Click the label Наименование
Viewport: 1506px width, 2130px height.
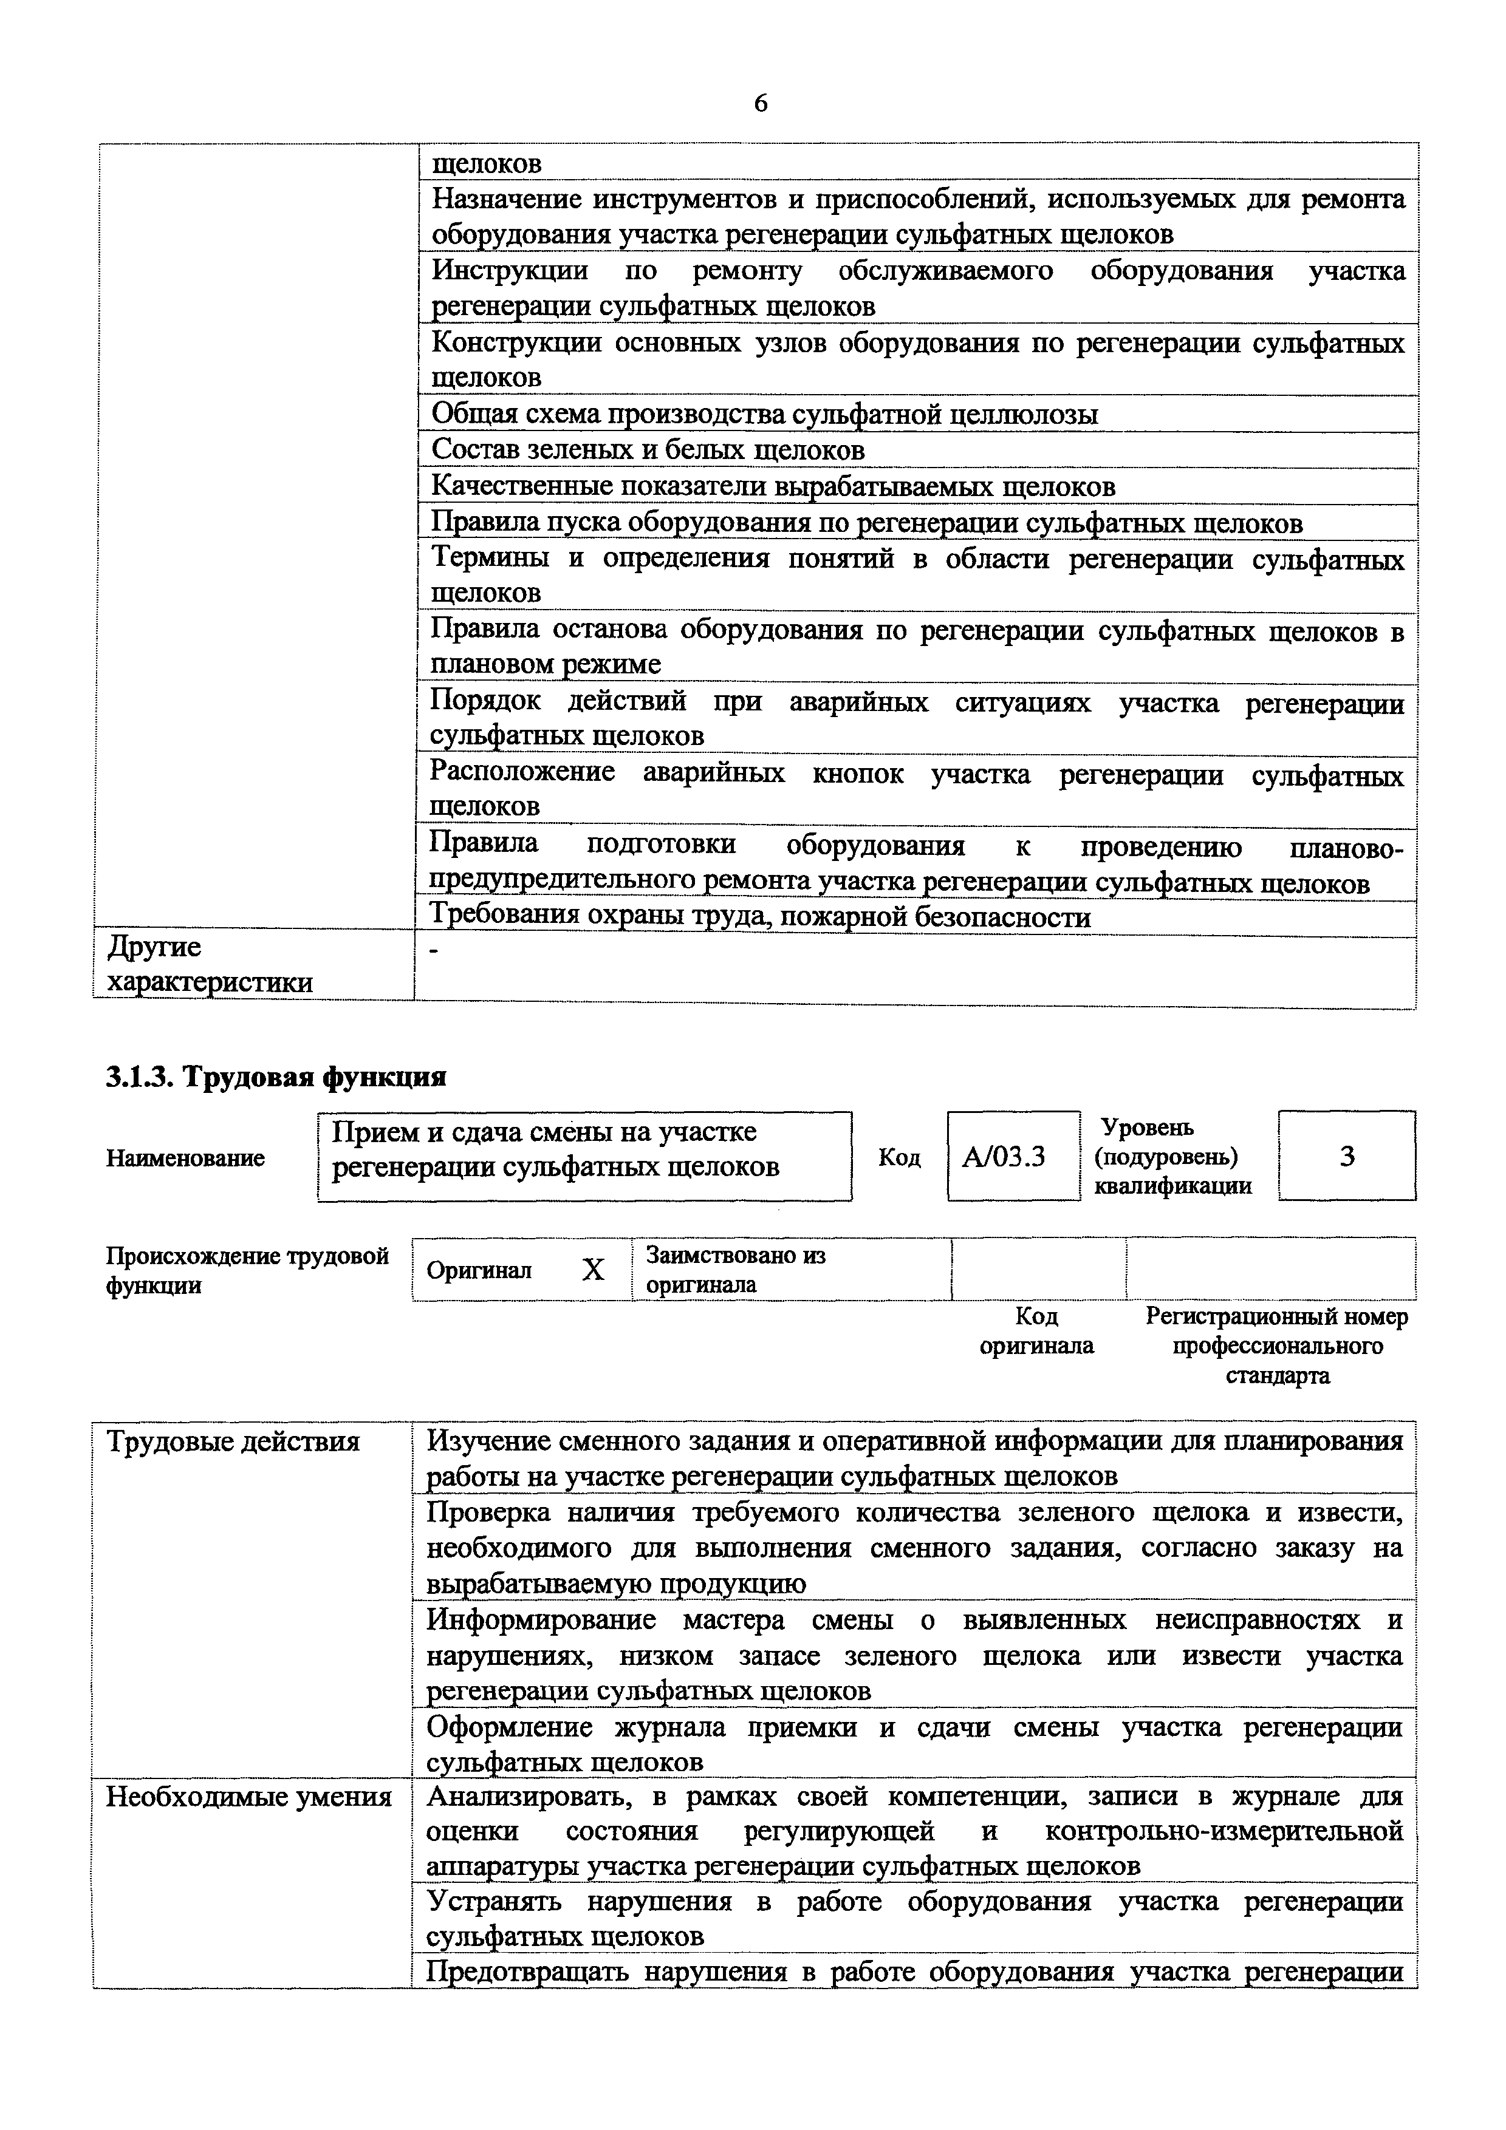[185, 1158]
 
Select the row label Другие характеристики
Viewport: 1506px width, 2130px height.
[209, 965]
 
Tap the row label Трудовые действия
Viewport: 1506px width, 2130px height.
[233, 1441]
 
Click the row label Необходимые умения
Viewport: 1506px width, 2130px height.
[248, 1797]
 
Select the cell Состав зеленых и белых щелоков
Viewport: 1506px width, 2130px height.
[648, 450]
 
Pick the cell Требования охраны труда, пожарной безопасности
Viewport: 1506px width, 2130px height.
[760, 917]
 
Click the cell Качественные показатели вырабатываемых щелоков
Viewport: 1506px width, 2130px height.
[773, 486]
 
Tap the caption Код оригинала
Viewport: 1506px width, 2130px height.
[1036, 1330]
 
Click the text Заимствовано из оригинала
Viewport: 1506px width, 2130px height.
[735, 1270]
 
